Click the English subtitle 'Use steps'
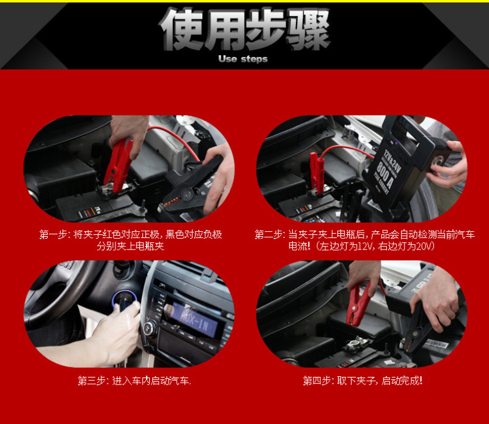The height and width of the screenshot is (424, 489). pyautogui.click(x=243, y=59)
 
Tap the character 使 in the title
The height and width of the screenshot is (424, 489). pyautogui.click(x=182, y=29)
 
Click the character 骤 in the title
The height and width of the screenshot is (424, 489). pyautogui.click(x=308, y=29)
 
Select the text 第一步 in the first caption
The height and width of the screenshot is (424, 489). pyautogui.click(x=53, y=234)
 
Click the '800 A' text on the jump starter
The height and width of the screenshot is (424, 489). pyautogui.click(x=384, y=174)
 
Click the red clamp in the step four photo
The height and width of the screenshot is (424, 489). pyautogui.click(x=358, y=305)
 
